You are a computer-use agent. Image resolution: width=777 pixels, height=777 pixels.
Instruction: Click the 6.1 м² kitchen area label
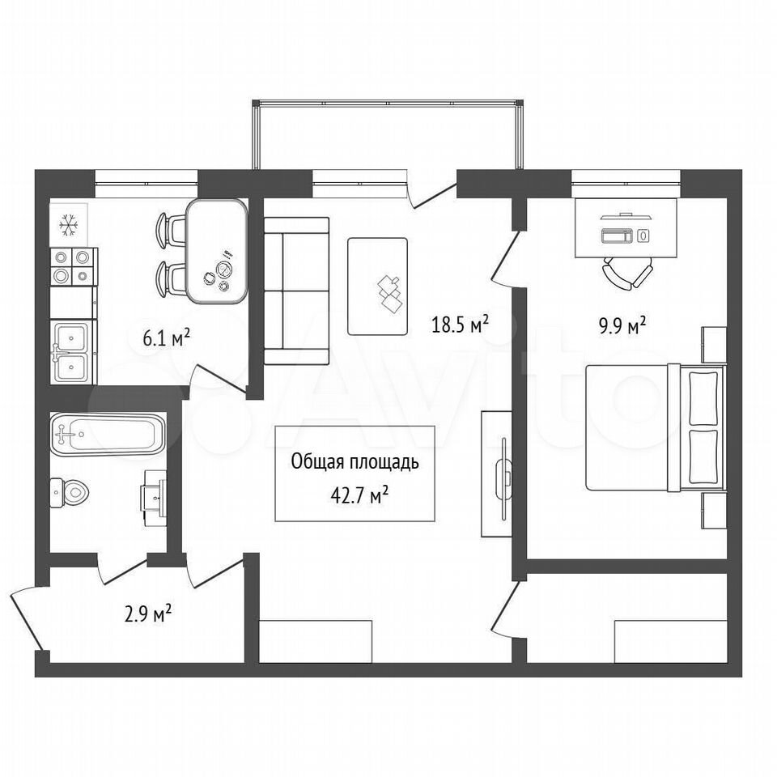(x=167, y=338)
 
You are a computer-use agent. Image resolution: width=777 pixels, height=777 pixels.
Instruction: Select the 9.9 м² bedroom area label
(x=622, y=325)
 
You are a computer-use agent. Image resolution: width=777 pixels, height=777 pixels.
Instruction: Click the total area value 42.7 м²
(x=359, y=495)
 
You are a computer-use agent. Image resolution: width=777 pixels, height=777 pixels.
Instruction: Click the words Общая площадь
(x=355, y=462)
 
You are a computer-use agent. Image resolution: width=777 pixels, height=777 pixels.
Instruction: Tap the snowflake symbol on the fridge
(x=68, y=225)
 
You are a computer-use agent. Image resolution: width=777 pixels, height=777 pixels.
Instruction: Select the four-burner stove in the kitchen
(x=74, y=266)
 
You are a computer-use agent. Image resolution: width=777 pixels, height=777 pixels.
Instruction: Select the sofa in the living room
(x=296, y=291)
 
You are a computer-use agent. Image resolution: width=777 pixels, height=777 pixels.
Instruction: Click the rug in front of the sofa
(x=378, y=287)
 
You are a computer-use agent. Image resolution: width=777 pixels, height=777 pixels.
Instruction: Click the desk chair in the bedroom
(x=627, y=273)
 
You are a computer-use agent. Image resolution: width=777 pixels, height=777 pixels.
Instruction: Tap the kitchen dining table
(x=217, y=251)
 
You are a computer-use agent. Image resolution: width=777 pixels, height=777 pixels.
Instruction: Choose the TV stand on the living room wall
(x=496, y=473)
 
